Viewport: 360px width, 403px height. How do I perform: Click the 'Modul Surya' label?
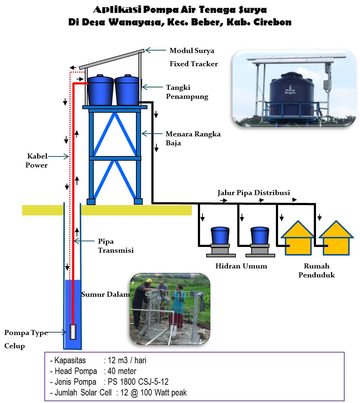[x=192, y=50]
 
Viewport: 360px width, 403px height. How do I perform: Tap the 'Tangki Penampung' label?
[x=187, y=92]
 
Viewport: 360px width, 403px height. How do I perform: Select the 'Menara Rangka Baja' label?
[x=193, y=139]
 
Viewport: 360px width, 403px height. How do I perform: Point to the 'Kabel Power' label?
[x=37, y=161]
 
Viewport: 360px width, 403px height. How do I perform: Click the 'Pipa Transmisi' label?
[x=116, y=246]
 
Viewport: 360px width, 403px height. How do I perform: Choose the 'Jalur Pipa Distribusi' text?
[x=254, y=193]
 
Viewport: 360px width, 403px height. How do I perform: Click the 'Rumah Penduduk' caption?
[x=317, y=271]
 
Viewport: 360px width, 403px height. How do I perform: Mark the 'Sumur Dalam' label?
[x=105, y=295]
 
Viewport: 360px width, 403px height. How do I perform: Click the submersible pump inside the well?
[x=73, y=332]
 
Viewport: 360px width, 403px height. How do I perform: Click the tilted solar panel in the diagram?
[x=112, y=59]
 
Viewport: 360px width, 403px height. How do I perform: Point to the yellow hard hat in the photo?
[x=149, y=281]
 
